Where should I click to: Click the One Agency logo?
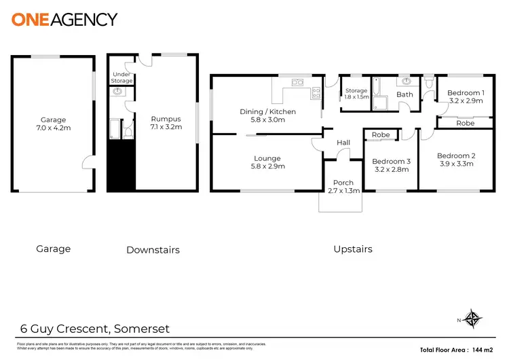[x=64, y=19]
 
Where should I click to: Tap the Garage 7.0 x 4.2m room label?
[x=53, y=124]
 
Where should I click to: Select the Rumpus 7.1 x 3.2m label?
[x=163, y=123]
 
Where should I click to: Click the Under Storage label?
[x=121, y=78]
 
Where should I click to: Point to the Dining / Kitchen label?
[x=267, y=115]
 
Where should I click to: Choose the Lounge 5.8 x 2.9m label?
[x=267, y=162]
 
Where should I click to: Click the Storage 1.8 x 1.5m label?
[x=356, y=94]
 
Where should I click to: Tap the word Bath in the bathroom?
[x=404, y=94]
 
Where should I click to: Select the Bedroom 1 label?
[x=466, y=96]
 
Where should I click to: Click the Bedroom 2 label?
[x=456, y=160]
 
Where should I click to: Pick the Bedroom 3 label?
[x=391, y=166]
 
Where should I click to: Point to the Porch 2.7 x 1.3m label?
[x=343, y=187]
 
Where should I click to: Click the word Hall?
[x=343, y=142]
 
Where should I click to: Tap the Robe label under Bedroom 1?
[x=466, y=124]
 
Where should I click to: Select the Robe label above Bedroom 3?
[x=381, y=134]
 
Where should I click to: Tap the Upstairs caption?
[x=353, y=249]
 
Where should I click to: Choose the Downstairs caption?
[x=153, y=250]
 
